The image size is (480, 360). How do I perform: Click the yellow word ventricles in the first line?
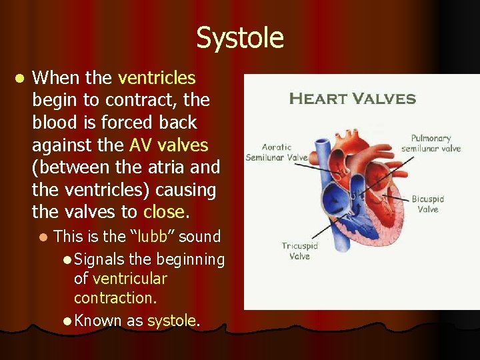coord(157,78)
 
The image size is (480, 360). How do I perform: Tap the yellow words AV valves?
coord(169,145)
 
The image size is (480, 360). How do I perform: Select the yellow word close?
coord(163,213)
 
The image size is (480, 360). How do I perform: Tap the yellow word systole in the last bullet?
coord(171,321)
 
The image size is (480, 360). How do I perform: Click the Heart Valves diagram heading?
coord(353,99)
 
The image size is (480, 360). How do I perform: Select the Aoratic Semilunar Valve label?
coord(276,153)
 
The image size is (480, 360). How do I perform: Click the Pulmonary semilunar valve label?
coord(431,143)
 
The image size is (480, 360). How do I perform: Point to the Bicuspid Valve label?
coord(427,204)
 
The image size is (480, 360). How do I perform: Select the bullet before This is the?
coord(43,237)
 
